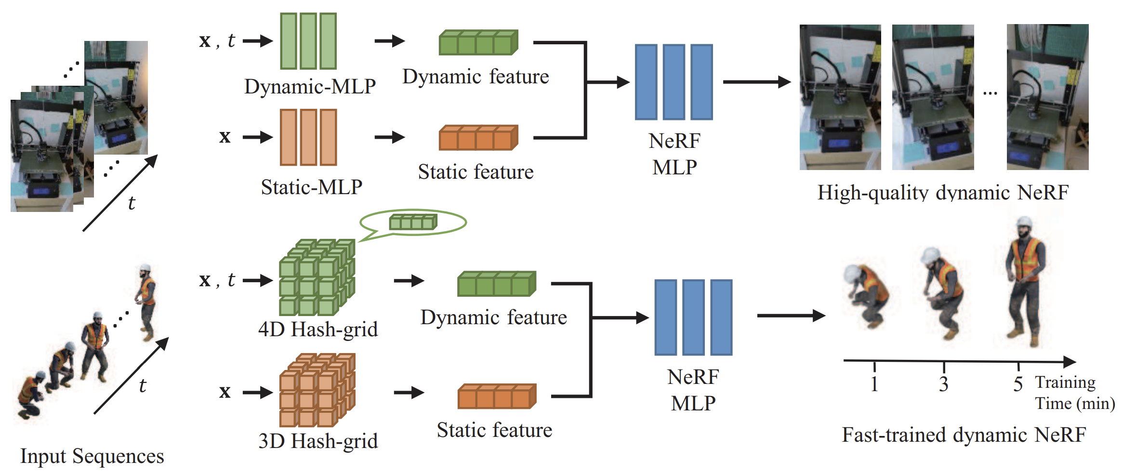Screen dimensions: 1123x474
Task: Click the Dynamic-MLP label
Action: (x=310, y=87)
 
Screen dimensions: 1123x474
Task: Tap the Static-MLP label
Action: (x=311, y=187)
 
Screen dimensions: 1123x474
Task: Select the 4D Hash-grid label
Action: (x=318, y=329)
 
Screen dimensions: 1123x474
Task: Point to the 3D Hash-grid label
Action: (x=318, y=441)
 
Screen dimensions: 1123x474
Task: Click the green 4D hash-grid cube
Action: (x=317, y=277)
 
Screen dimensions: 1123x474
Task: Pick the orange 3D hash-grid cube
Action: (x=317, y=390)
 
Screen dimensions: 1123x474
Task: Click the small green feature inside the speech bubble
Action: (x=413, y=222)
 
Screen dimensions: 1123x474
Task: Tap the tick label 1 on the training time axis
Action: (x=874, y=384)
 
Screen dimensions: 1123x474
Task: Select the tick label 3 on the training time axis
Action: (x=943, y=384)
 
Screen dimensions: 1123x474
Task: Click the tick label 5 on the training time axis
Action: (x=1018, y=384)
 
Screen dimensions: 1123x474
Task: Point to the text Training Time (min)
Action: (x=1075, y=393)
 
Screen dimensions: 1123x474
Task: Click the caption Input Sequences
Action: (x=92, y=456)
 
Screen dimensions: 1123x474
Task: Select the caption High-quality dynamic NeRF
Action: (x=943, y=192)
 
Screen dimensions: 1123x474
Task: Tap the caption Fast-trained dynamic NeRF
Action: (x=964, y=434)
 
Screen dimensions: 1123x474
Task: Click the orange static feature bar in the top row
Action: (x=478, y=138)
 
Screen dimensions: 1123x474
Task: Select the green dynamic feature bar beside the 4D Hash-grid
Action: (x=497, y=284)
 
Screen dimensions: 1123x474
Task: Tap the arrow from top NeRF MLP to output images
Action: (x=757, y=82)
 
